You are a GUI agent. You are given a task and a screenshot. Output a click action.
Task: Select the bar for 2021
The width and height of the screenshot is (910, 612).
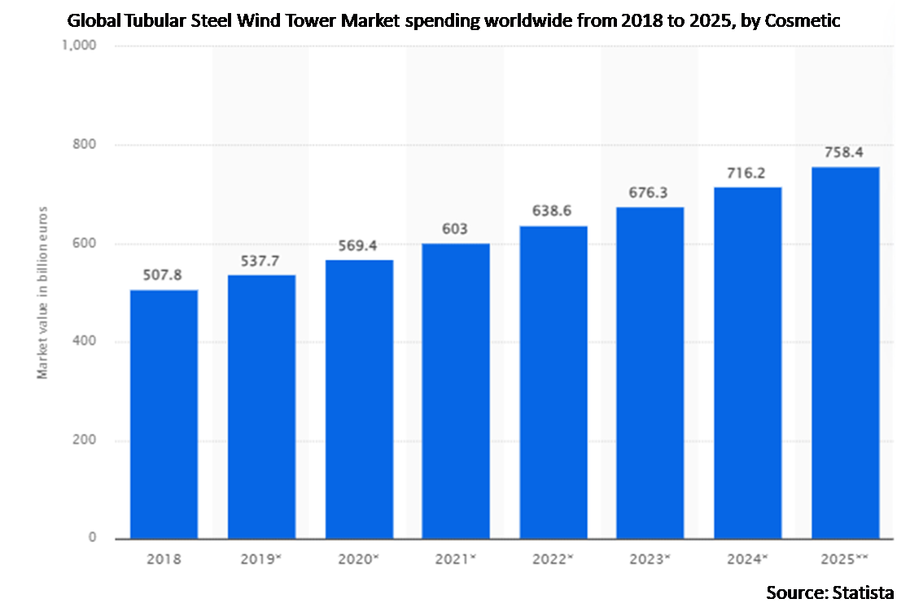(455, 391)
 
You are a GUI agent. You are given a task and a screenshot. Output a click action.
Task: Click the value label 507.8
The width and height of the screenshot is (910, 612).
(164, 274)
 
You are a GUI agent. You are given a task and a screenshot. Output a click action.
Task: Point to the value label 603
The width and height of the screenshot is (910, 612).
(455, 229)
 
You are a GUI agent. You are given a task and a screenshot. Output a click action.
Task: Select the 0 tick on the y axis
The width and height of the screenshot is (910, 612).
(93, 538)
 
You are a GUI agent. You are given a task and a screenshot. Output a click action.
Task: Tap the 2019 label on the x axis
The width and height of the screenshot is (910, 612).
(261, 560)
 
